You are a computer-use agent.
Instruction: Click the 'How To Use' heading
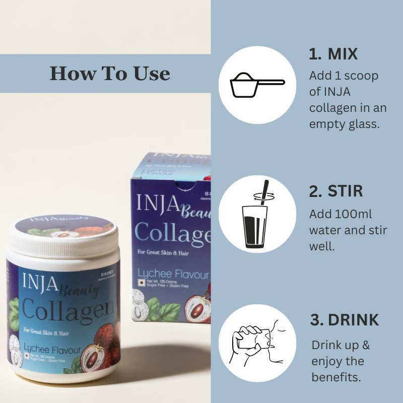(109, 74)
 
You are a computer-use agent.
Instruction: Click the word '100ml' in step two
(355, 214)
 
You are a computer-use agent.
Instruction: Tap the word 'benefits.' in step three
(337, 377)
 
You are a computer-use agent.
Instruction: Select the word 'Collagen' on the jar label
(65, 308)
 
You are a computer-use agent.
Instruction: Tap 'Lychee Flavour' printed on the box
(173, 275)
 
